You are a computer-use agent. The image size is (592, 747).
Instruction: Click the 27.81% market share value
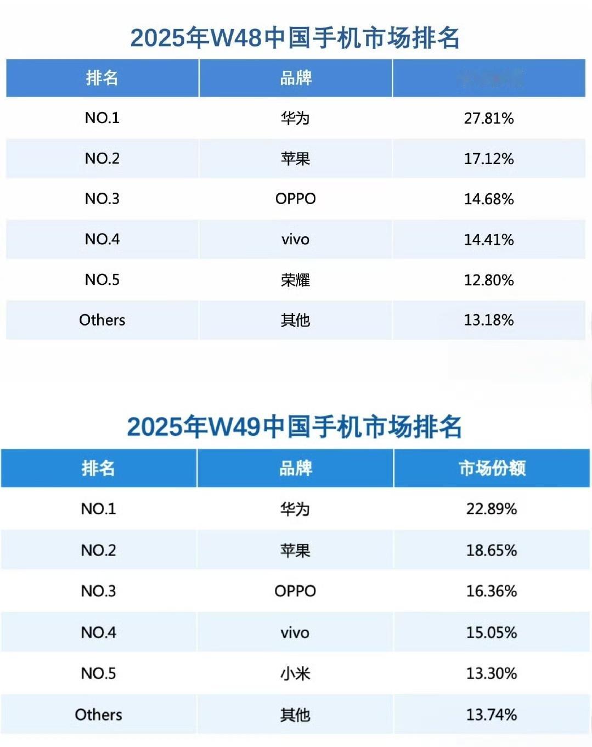(488, 118)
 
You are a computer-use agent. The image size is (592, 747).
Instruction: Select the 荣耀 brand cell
(295, 280)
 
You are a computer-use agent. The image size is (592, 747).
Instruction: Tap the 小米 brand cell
(295, 673)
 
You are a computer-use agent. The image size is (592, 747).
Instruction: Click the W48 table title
(295, 38)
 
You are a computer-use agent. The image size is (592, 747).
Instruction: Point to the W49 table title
(295, 426)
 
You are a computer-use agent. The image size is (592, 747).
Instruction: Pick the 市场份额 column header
(492, 468)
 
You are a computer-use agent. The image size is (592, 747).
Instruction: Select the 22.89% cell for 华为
(491, 509)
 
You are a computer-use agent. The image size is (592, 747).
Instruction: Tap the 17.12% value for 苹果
(488, 159)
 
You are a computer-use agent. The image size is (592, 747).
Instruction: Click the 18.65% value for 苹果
(491, 550)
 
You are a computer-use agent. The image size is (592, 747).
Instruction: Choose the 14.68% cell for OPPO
(488, 199)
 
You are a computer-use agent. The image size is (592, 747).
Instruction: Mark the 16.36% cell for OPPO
(491, 591)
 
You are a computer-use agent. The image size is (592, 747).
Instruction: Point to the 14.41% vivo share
(488, 239)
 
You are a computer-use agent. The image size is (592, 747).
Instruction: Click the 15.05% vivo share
(491, 632)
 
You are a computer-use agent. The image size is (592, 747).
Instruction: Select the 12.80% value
(488, 280)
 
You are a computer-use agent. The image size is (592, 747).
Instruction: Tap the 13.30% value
(491, 673)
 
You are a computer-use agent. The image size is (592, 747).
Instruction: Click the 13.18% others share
(488, 320)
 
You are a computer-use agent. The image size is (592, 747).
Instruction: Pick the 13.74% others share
(491, 715)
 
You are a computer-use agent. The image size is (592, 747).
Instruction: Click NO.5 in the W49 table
(99, 673)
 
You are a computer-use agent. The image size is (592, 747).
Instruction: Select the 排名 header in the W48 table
(102, 78)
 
